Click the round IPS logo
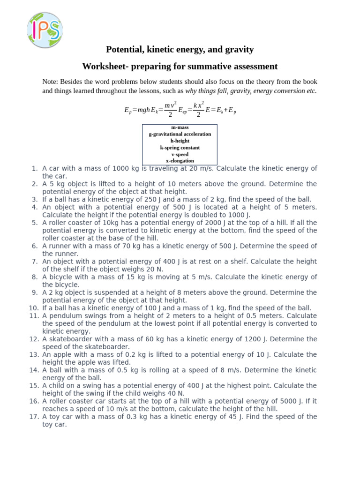click(45, 30)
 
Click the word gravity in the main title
click(239, 49)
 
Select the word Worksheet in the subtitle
click(103, 67)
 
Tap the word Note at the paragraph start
click(50, 82)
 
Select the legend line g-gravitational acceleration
click(180, 134)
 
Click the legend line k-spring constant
click(180, 148)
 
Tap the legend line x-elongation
click(180, 161)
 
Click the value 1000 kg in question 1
click(126, 168)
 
